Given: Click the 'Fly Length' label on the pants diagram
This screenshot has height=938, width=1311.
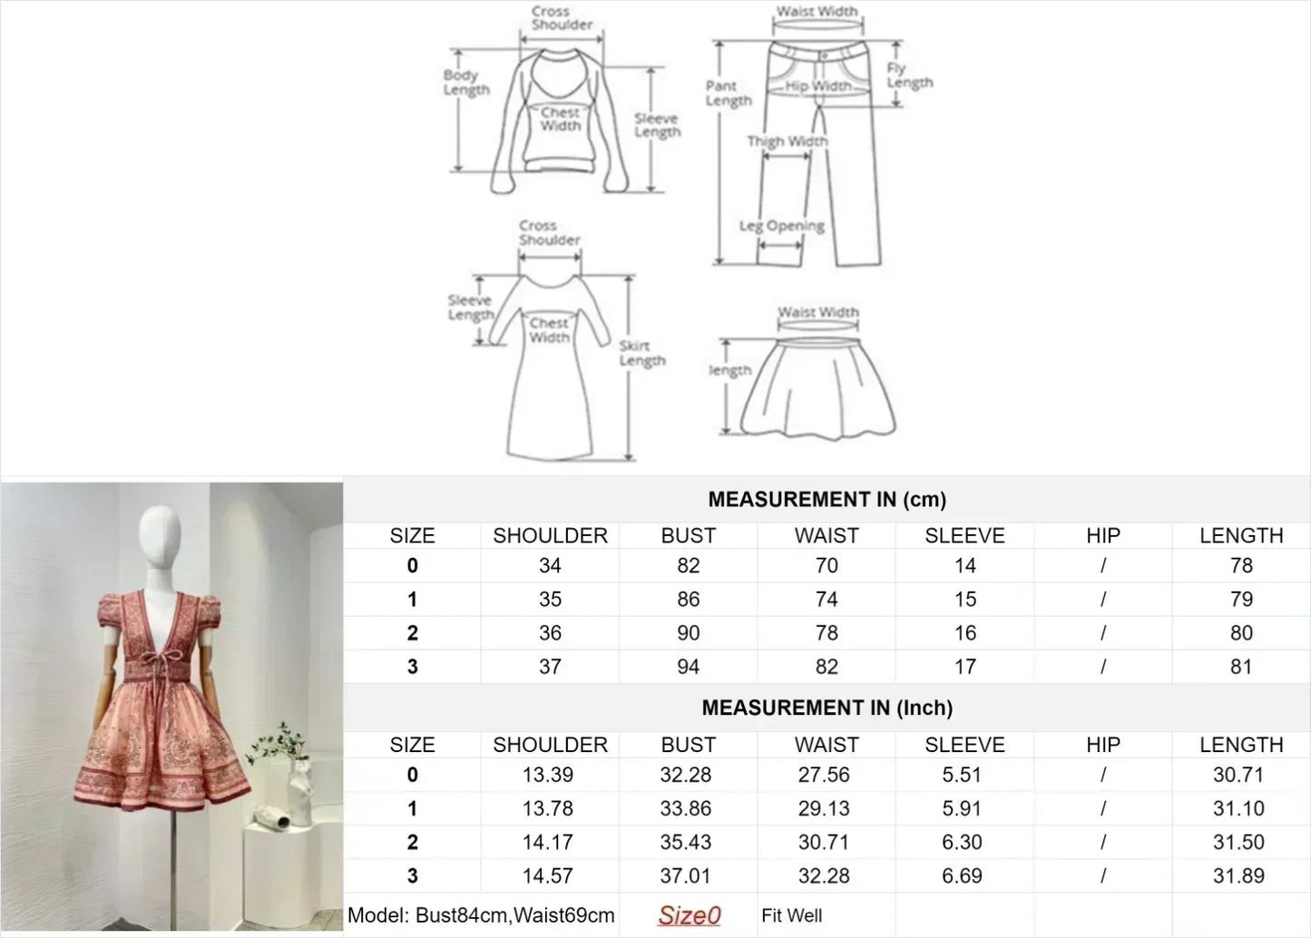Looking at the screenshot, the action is point(909,75).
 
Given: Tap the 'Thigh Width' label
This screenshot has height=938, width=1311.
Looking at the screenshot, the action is point(788,141).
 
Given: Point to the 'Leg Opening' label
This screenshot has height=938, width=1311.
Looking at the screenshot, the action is point(782,226).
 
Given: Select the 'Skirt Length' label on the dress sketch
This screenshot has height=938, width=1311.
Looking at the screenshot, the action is point(642,354).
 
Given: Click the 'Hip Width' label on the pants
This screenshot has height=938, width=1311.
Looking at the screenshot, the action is point(818,86).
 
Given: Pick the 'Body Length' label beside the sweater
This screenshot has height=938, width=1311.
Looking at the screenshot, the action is point(465,83).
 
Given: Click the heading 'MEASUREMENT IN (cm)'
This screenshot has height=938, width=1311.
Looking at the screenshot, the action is point(827,499).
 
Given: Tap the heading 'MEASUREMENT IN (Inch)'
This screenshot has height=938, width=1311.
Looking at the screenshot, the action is point(827,708).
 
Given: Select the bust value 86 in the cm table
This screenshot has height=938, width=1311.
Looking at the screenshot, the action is point(689,600).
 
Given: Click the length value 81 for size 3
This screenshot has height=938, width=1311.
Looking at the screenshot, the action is point(1241,667).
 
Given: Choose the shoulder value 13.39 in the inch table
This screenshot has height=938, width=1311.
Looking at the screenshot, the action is point(548,775).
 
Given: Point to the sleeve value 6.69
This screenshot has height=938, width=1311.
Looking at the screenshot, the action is point(962,876).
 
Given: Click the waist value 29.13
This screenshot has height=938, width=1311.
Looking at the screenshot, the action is point(824,808).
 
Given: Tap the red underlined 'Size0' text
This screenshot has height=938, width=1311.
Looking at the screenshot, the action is point(689,915).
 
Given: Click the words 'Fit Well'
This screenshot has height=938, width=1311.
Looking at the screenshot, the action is point(791,915).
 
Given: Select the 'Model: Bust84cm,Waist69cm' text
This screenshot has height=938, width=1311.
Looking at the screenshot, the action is point(481,915).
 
